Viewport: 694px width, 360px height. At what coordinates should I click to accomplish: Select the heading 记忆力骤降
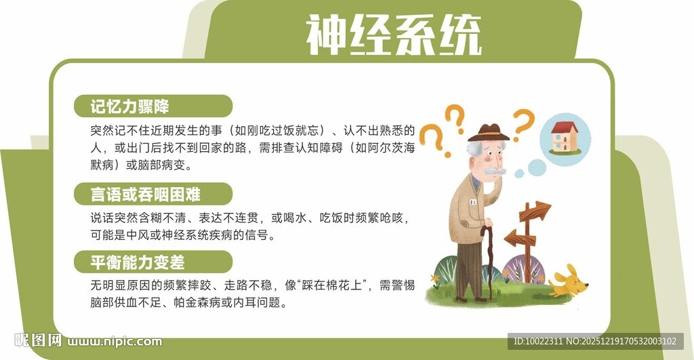click(130, 106)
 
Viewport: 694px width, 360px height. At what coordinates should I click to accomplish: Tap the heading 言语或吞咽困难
click(146, 195)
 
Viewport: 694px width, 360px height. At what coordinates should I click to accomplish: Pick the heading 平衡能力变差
click(138, 262)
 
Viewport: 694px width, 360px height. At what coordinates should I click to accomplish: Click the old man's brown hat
click(488, 132)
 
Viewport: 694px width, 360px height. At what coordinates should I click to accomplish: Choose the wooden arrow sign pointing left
click(518, 237)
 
